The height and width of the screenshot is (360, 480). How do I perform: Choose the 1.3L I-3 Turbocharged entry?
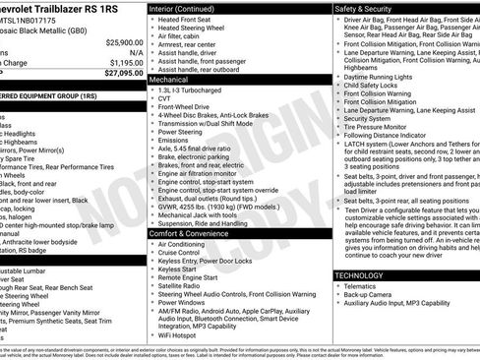pyautogui.click(x=190, y=90)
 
